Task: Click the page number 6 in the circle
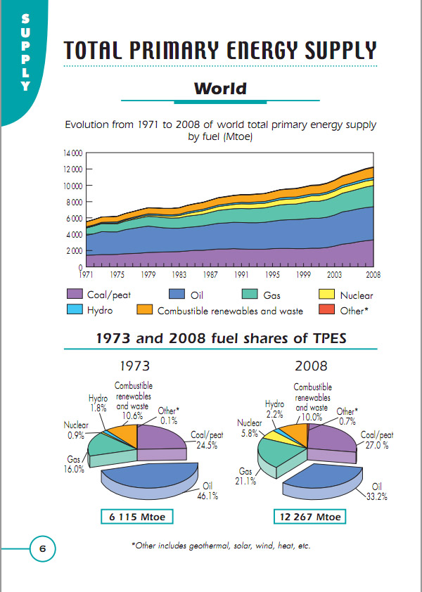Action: click(x=42, y=549)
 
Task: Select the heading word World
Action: click(x=220, y=89)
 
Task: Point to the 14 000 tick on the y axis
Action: click(x=72, y=153)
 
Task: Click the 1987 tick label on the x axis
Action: click(x=210, y=275)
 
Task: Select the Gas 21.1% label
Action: click(x=246, y=476)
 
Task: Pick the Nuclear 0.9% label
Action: click(x=77, y=430)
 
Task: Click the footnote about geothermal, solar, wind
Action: click(x=221, y=546)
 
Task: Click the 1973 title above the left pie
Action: click(x=135, y=366)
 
